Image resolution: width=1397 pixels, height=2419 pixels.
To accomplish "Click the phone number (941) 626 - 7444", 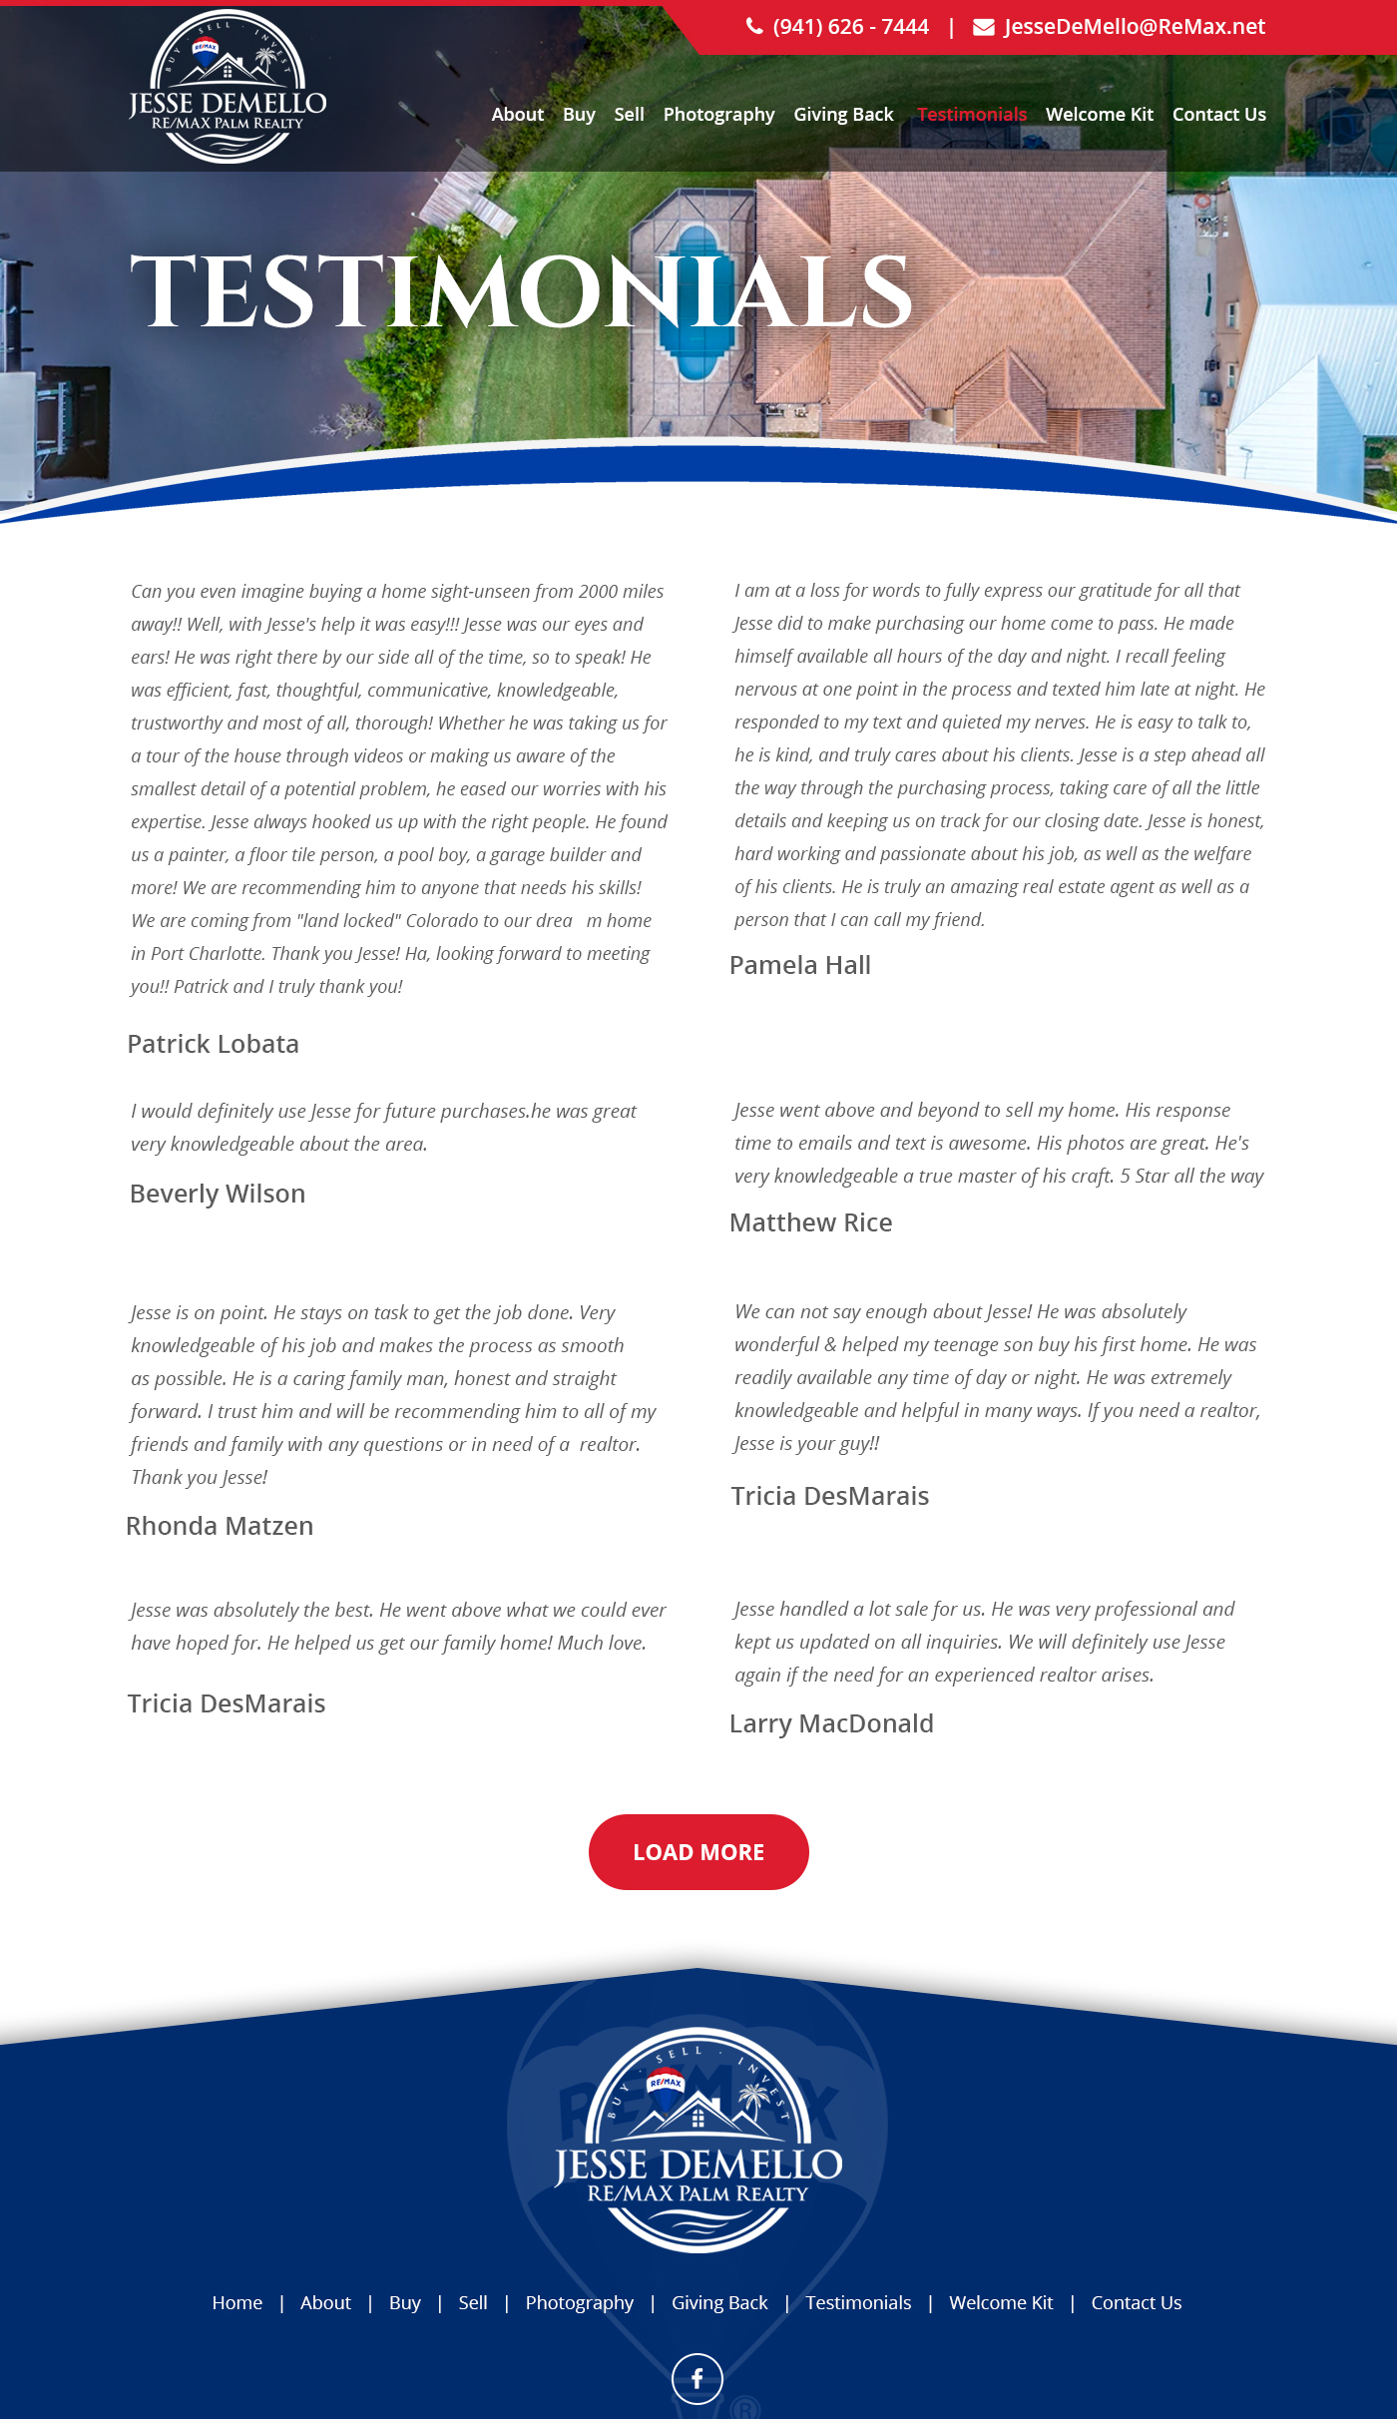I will (849, 27).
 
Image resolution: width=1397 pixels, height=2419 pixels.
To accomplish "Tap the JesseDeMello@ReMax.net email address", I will (1134, 27).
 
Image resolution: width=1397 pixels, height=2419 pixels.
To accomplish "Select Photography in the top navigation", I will (718, 115).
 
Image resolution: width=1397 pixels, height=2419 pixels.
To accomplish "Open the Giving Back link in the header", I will (843, 115).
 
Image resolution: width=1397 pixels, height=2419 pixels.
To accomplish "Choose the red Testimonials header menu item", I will (971, 115).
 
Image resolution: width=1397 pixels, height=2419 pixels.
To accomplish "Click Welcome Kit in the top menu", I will (1099, 115).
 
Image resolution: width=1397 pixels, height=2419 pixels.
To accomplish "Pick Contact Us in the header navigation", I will (1218, 115).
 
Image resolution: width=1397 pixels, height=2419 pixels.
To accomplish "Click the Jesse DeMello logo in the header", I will (228, 88).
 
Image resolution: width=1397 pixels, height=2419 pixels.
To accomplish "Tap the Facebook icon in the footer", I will (698, 2379).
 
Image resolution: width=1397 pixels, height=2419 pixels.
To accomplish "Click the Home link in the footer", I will (236, 2303).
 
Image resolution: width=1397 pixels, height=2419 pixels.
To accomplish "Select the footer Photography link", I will (579, 2303).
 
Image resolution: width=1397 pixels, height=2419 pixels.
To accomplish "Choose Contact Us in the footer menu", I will (1136, 2303).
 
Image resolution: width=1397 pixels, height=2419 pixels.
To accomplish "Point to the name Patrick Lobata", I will (214, 1044).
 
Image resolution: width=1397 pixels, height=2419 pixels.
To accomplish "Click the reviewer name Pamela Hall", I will (799, 965).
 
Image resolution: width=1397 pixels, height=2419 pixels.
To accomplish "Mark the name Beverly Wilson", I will (218, 1194).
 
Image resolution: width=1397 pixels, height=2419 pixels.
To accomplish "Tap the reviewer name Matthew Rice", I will (810, 1222).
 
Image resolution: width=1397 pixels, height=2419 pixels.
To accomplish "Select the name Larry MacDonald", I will (831, 1723).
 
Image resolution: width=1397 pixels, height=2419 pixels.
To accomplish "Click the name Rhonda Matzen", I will (220, 1526).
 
